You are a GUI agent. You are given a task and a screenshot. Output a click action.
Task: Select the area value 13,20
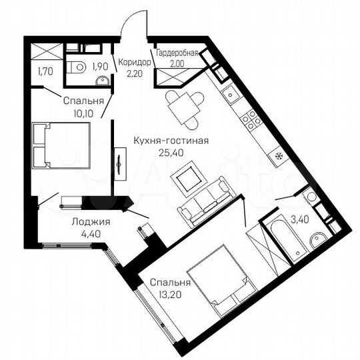166,292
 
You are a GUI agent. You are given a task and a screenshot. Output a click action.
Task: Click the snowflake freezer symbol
279,155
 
